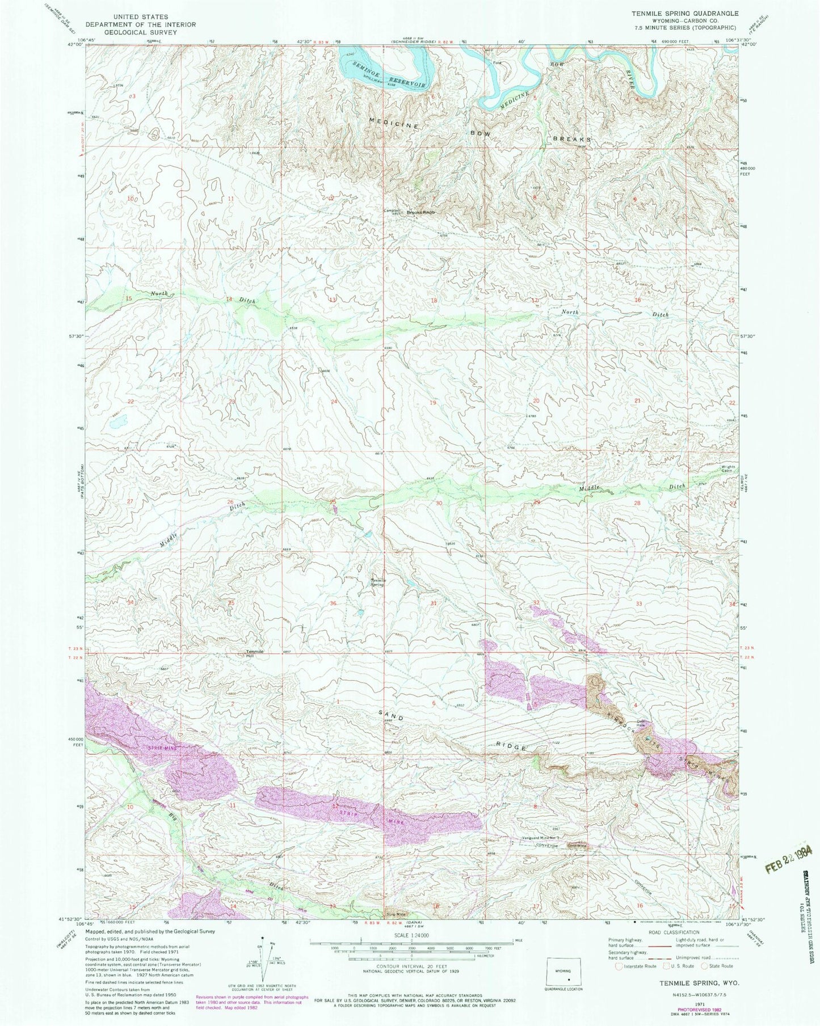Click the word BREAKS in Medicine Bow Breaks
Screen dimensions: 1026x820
[x=573, y=139]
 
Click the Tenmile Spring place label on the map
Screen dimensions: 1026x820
[x=379, y=582]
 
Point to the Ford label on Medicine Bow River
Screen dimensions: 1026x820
[x=498, y=63]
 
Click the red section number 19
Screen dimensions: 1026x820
[x=433, y=402]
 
